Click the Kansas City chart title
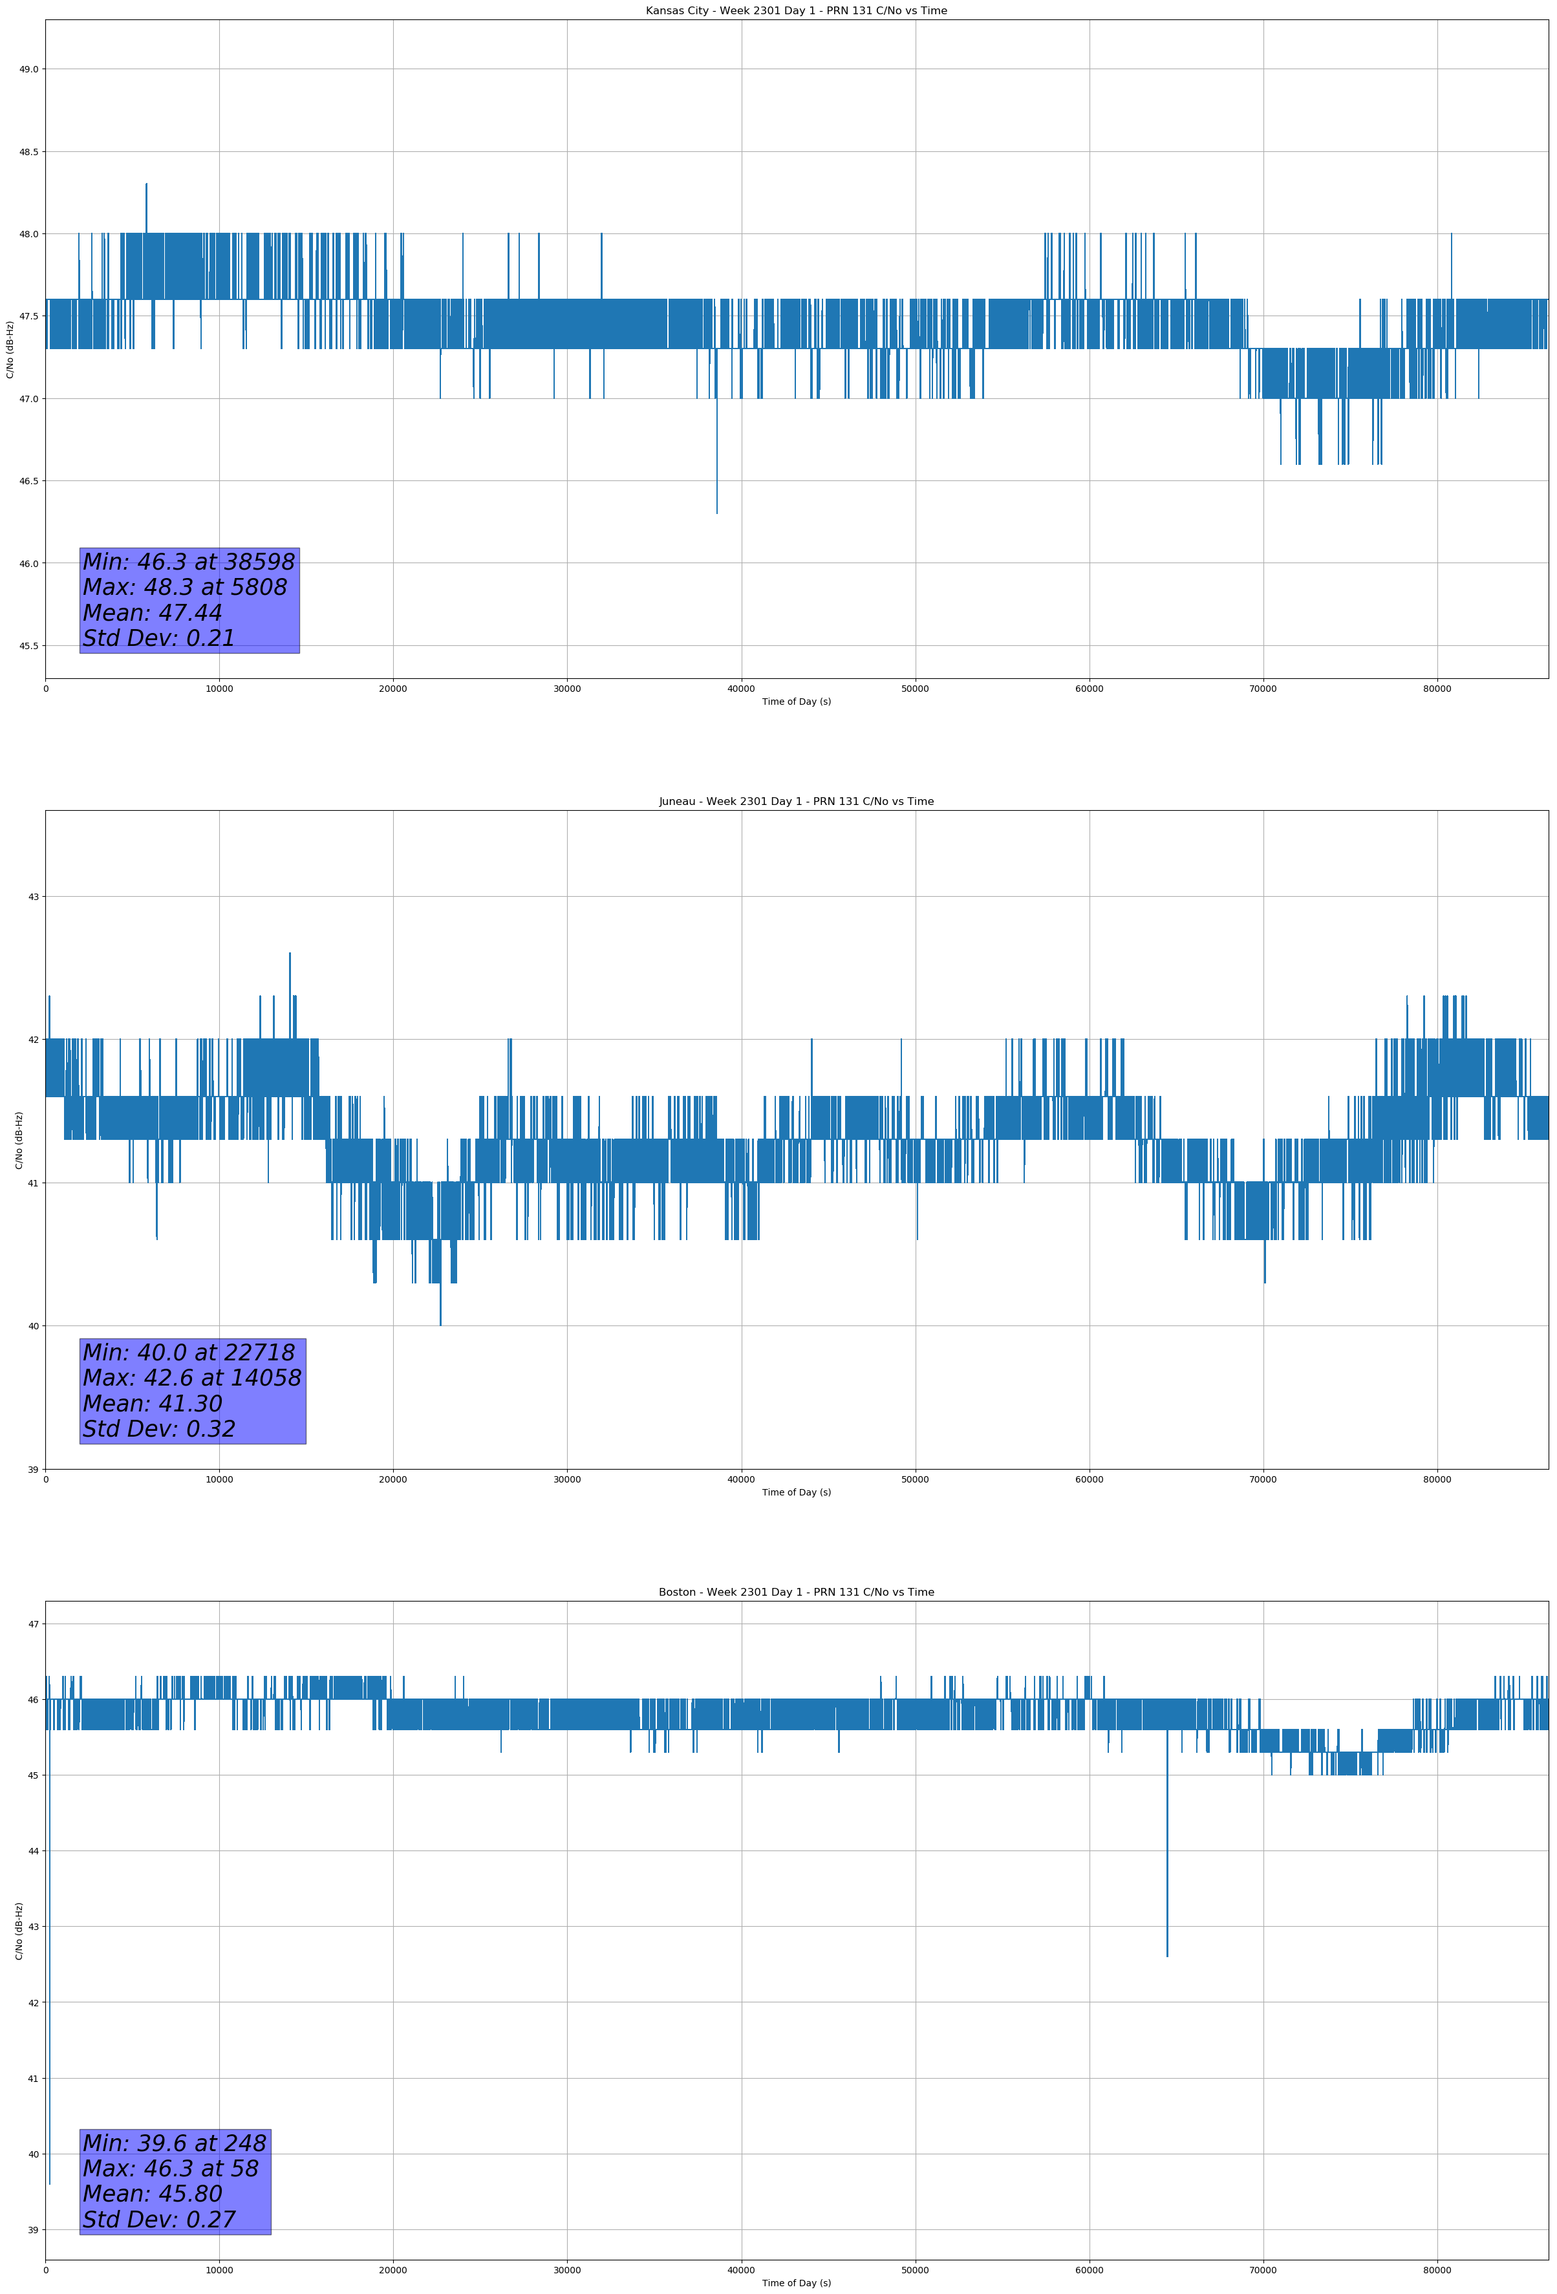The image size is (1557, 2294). pos(796,11)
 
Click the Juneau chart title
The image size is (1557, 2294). pos(796,802)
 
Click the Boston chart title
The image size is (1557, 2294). pos(796,1592)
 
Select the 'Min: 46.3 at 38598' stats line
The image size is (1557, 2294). pos(189,562)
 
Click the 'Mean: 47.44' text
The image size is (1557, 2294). pos(153,613)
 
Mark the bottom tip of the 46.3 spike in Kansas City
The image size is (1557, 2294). pos(717,512)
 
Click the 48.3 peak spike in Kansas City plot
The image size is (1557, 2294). pos(146,186)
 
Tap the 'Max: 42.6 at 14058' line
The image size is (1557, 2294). pos(191,1378)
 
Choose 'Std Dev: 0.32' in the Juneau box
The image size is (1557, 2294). pos(159,1430)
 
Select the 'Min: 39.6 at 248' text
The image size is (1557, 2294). pos(174,2143)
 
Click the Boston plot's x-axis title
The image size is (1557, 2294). pos(796,2282)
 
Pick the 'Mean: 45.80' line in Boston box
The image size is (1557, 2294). pos(153,2193)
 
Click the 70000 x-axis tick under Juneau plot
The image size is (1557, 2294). pos(1263,1479)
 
